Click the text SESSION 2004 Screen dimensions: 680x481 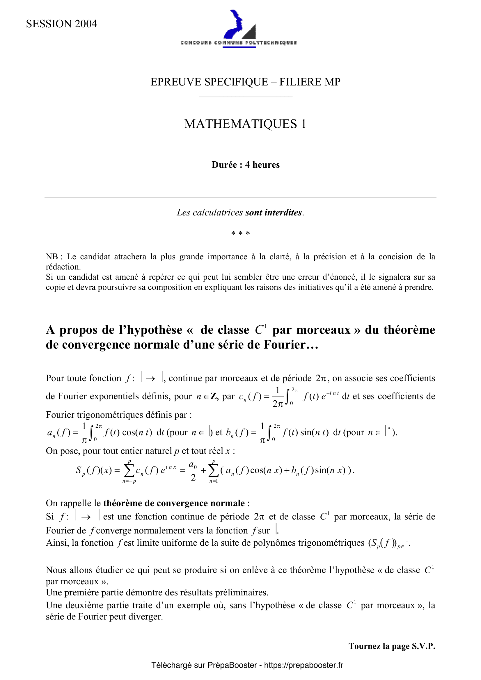click(x=61, y=24)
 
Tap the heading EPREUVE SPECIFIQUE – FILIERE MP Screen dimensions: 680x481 click(x=245, y=82)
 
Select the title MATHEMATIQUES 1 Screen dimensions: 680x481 click(x=245, y=124)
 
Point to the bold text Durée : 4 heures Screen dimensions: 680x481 click(x=245, y=165)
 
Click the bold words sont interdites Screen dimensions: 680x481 click(x=273, y=212)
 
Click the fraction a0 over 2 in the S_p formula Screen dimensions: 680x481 click(x=193, y=470)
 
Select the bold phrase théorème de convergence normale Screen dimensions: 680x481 click(x=174, y=503)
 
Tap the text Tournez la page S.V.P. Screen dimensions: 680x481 click(x=391, y=646)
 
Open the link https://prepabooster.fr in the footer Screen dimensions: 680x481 click(x=303, y=665)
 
